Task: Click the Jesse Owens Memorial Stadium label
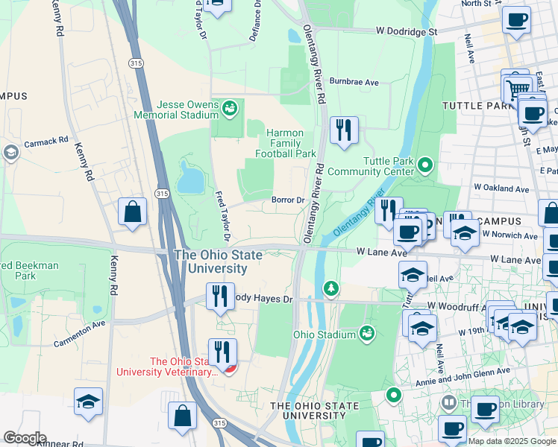[x=176, y=110]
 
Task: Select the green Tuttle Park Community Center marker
[x=425, y=164]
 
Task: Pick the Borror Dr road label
[x=288, y=200]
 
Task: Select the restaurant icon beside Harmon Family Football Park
[x=344, y=130]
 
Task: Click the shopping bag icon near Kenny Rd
[x=132, y=212]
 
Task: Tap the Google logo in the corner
[x=25, y=437]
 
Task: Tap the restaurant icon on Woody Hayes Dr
[x=220, y=297]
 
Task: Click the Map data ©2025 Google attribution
[x=512, y=440]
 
